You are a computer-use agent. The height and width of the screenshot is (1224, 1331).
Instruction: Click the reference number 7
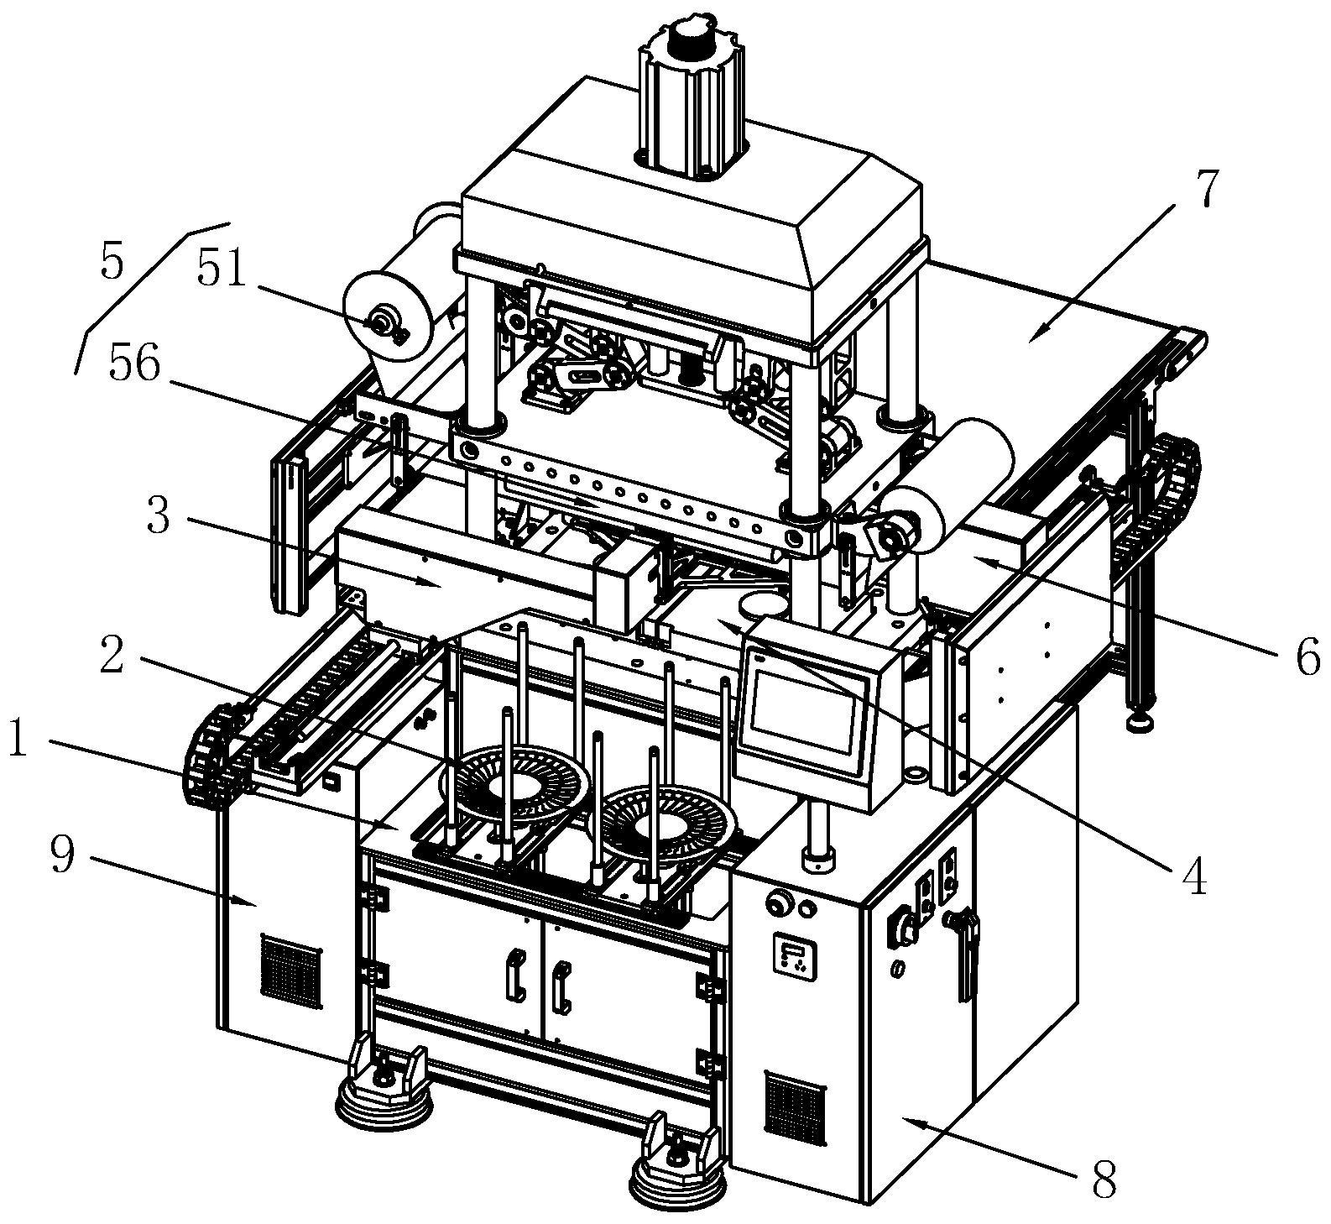(x=1204, y=190)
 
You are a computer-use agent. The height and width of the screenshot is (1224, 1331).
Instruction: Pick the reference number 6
(x=1307, y=656)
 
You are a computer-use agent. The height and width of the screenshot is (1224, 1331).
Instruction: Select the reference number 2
(x=112, y=656)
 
